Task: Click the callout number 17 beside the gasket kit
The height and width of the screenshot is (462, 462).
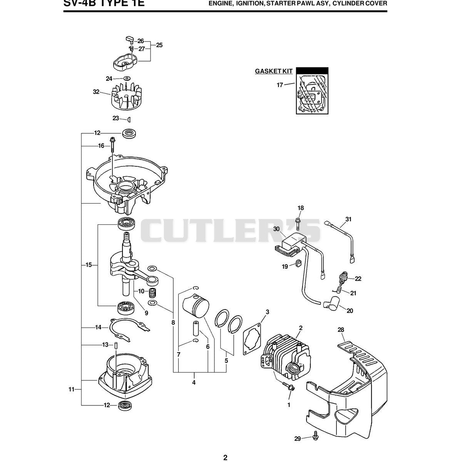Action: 280,85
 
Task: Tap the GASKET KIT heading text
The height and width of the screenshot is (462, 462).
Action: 274,71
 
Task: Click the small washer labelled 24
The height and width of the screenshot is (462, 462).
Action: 126,78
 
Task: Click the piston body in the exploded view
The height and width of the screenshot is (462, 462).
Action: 196,305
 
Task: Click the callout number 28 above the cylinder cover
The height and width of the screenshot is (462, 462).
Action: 341,330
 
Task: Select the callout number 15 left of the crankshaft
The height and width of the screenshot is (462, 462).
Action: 89,265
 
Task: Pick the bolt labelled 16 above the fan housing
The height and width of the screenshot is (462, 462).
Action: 112,144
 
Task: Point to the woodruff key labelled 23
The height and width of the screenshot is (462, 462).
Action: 129,119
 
